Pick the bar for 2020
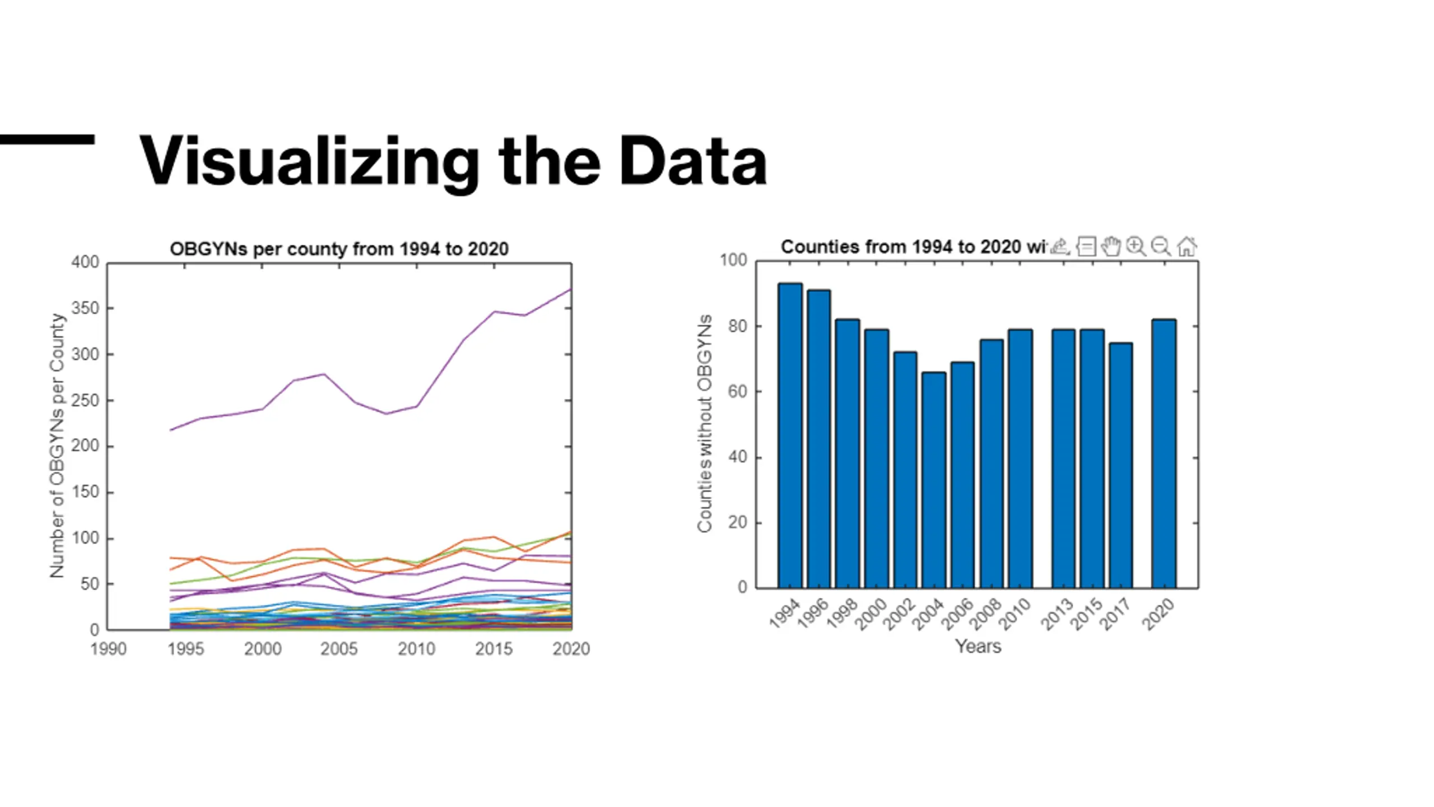[1164, 453]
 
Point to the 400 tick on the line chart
[85, 262]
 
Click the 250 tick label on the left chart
[85, 401]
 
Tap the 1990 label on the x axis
[109, 649]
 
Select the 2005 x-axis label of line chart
[339, 649]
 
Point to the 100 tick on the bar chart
[733, 260]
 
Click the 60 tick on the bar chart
[738, 392]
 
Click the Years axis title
[978, 646]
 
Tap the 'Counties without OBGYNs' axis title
[704, 424]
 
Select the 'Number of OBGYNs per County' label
[57, 446]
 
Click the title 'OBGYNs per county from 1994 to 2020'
[339, 249]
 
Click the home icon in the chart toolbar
[1186, 247]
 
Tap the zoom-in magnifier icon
[1136, 247]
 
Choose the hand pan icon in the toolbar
[1111, 247]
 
